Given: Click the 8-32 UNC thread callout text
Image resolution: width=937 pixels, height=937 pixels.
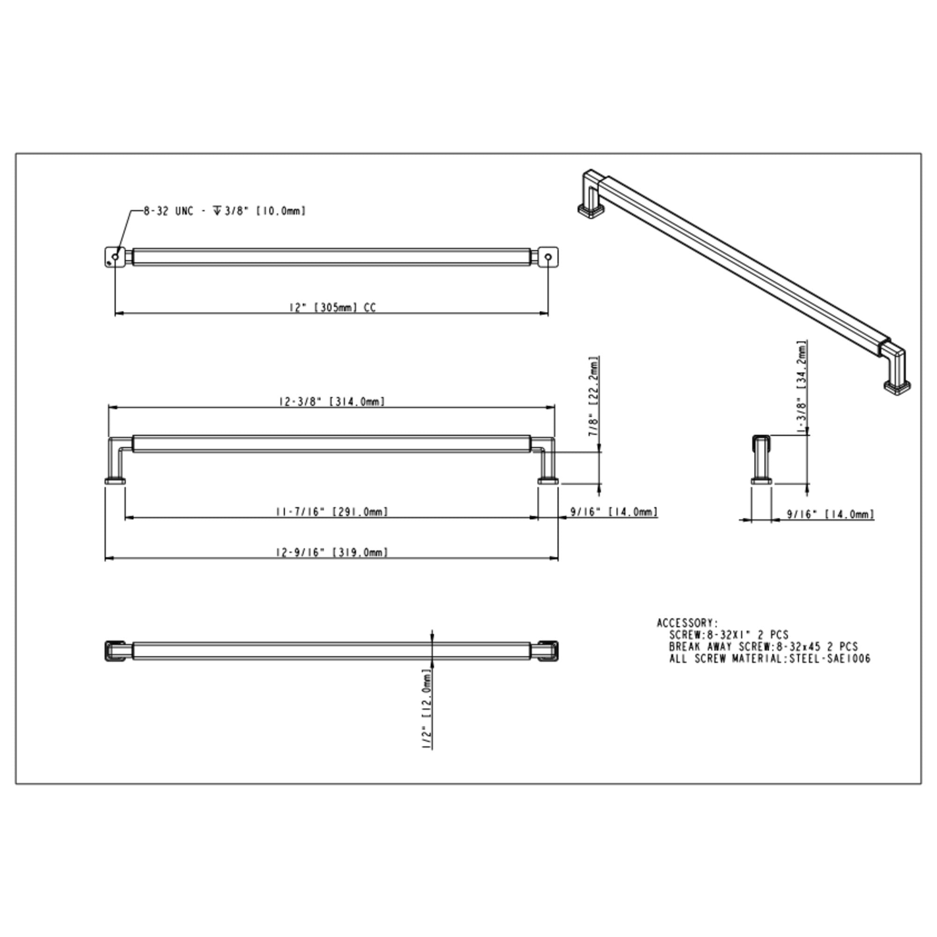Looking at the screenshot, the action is coord(225,211).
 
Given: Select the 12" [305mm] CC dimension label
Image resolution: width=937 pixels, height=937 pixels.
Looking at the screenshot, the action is coord(333,307).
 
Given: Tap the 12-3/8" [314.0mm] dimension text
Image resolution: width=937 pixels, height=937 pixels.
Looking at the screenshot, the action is coord(332,402).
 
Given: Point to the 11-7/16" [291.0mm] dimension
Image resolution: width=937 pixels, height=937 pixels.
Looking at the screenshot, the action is coord(332,512).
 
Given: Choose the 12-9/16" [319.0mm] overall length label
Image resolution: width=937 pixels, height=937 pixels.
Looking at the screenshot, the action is coord(332,552).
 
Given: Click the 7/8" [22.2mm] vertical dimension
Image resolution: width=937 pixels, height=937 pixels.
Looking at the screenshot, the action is coord(594,396).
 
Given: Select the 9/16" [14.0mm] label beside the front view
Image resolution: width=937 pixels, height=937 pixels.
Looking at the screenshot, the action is coord(614,512).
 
